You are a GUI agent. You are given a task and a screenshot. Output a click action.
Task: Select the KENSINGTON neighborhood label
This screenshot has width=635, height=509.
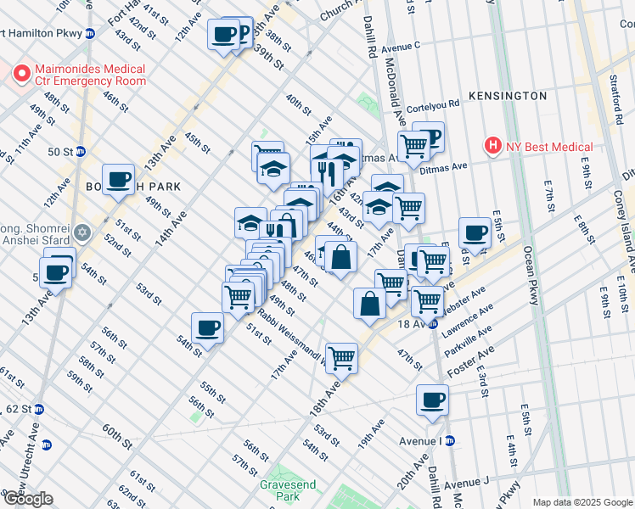tap(508, 96)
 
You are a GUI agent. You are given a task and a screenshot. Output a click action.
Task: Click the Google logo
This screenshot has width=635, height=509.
tap(27, 499)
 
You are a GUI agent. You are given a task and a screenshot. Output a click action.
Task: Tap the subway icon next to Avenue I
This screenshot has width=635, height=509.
tap(450, 440)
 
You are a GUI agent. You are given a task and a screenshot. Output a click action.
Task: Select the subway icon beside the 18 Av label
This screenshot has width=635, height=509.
tap(432, 323)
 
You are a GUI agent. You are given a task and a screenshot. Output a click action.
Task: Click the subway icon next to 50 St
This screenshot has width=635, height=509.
tap(81, 152)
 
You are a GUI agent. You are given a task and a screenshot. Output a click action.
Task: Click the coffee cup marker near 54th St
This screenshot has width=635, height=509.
tap(207, 327)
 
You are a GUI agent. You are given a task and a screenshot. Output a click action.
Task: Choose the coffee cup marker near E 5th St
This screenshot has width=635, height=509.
tap(475, 232)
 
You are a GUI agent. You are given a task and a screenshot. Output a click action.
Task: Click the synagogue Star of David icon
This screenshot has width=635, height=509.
tap(81, 232)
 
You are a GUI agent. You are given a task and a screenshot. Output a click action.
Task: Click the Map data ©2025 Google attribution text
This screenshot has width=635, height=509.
tap(582, 501)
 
